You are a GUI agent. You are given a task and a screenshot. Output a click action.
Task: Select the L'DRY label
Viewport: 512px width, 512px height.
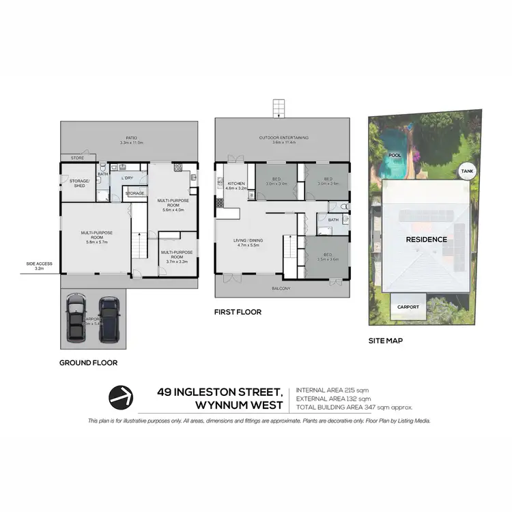coord(126,178)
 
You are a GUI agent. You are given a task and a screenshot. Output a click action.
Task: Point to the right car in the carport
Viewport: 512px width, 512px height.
coord(109,319)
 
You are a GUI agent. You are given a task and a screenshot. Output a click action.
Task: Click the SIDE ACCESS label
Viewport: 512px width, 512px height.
coord(39,263)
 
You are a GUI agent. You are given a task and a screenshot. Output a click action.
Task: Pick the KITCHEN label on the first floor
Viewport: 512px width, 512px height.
coord(236,184)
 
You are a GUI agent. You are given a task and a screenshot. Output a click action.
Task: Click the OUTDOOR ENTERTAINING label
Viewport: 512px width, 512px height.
coord(283,138)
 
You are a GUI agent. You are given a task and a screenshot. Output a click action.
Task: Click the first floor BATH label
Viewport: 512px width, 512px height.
coord(333,220)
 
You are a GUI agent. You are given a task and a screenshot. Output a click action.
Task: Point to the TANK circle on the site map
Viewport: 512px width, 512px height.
coord(466,171)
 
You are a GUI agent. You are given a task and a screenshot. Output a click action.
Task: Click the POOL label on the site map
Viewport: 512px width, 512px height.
coord(394,155)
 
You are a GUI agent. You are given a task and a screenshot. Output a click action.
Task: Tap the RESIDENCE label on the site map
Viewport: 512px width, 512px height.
coord(426,240)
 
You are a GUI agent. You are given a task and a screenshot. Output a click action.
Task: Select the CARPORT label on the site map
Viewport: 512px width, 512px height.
coord(408,307)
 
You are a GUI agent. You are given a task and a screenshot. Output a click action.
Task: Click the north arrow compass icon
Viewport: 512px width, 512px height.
coord(122,397)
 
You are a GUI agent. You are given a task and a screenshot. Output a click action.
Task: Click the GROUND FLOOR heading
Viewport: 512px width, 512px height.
coord(88,363)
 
